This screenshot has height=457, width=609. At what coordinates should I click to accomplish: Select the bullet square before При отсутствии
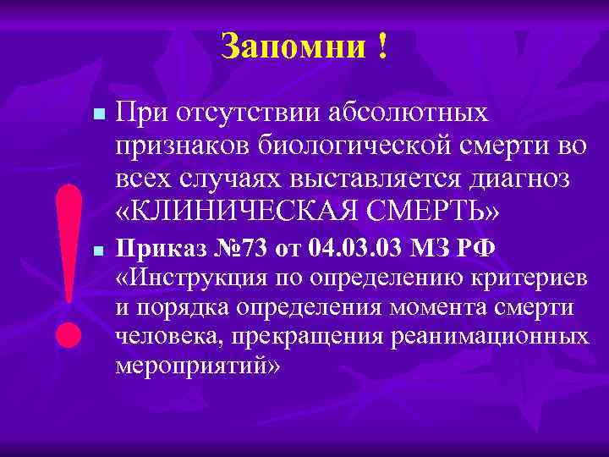98,114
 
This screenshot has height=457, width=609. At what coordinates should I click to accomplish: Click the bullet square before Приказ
98,252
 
